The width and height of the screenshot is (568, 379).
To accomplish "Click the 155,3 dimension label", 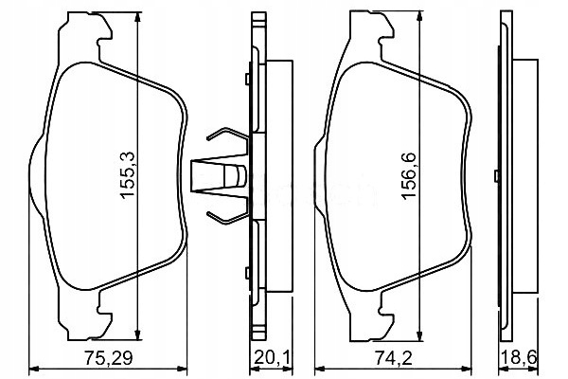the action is point(128,175).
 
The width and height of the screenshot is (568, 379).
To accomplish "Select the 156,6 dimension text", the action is point(409,175).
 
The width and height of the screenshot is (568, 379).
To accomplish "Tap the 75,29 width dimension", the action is point(109,357).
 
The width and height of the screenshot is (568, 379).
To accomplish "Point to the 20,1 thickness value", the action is point(272,357).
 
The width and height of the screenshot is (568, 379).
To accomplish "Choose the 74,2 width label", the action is point(394,357).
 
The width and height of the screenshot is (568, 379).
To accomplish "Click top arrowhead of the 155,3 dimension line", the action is point(137,17).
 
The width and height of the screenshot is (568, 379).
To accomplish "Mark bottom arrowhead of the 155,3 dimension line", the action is point(137,334).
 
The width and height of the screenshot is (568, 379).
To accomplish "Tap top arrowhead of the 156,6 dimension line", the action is point(419,16).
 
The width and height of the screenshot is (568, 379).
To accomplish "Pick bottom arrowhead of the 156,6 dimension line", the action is point(419,336).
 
